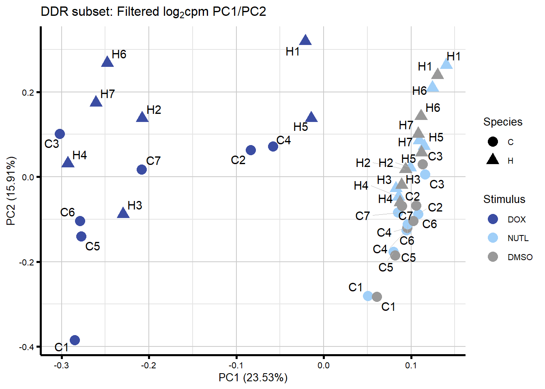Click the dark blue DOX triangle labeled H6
click(107, 62)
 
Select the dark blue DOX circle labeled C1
click(75, 340)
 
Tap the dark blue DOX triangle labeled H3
click(123, 213)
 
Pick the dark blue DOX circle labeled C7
click(142, 169)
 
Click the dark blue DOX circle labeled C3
click(60, 134)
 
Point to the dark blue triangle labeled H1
click(305, 41)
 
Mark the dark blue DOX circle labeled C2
click(251, 150)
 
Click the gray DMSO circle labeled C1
click(377, 297)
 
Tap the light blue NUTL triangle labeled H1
click(446, 64)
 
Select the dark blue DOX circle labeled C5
click(81, 236)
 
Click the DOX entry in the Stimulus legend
click(493, 219)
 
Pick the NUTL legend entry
click(493, 238)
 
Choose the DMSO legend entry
click(493, 256)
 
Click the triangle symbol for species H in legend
click(493, 159)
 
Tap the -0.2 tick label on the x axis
click(148, 365)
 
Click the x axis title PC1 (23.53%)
click(253, 378)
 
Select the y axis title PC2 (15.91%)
click(11, 190)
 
